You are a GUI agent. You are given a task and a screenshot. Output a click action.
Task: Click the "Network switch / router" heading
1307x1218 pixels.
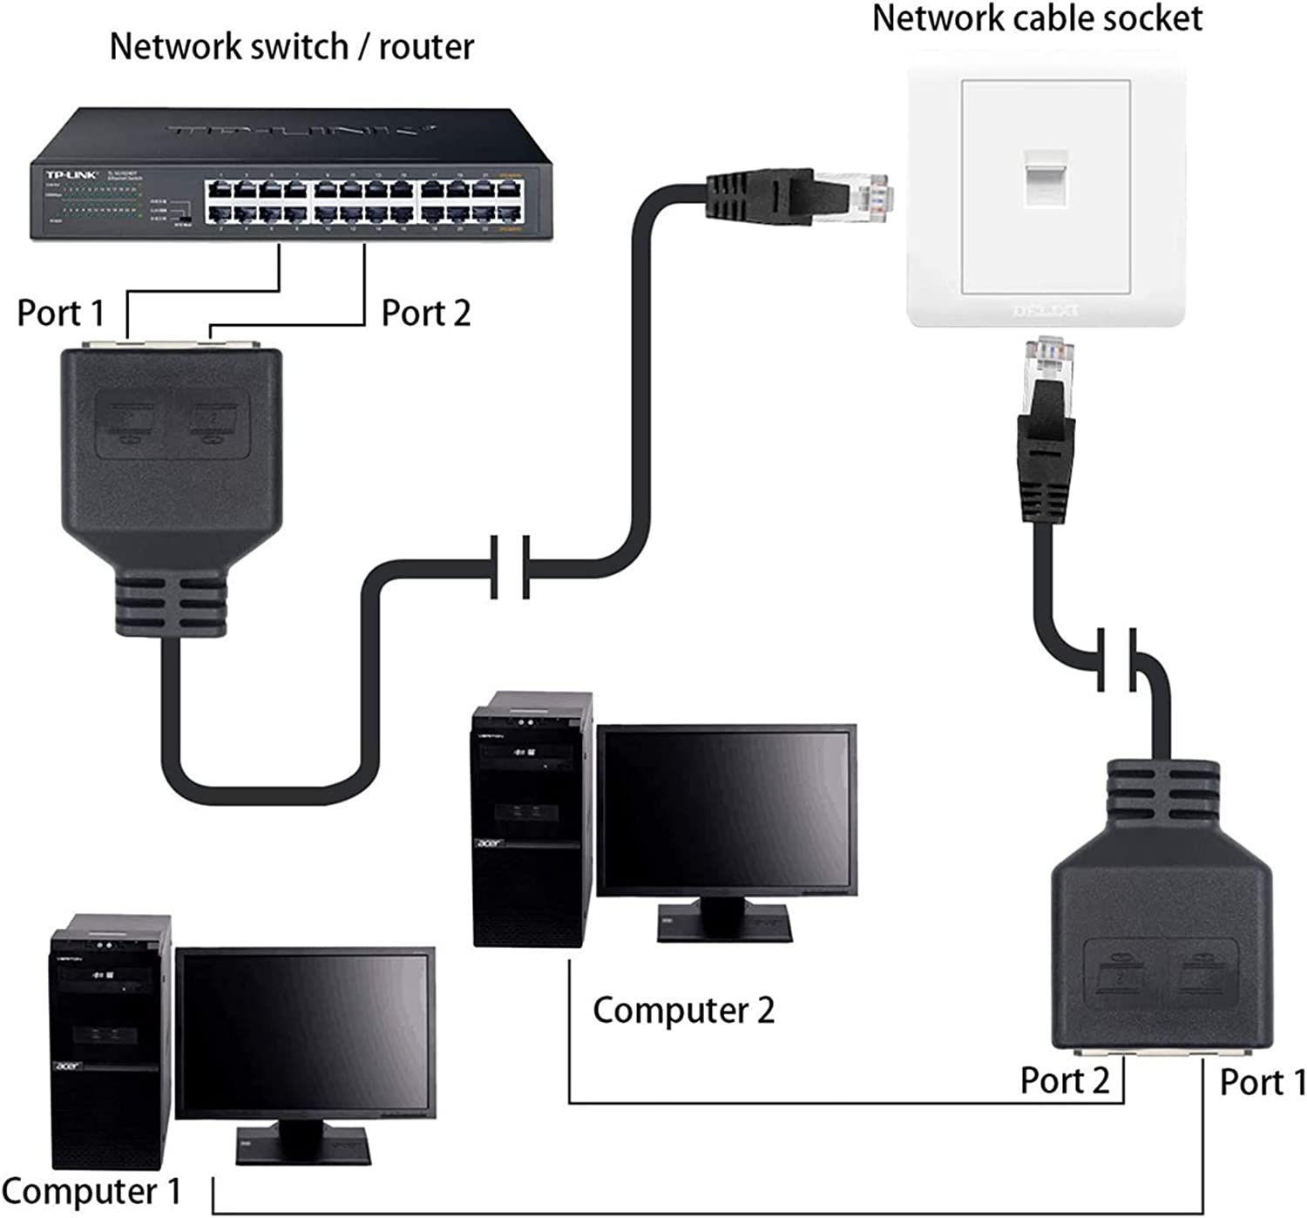point(292,46)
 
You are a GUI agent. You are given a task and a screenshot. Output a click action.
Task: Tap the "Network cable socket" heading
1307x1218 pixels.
point(1037,18)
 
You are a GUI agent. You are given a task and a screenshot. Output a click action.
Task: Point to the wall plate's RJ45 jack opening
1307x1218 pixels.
point(1046,179)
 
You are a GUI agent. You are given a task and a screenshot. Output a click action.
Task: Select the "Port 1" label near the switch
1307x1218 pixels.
point(60,313)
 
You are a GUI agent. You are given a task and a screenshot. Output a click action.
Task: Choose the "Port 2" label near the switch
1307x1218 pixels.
point(426,313)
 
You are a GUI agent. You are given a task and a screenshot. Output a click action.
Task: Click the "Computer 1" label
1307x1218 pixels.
point(91,1191)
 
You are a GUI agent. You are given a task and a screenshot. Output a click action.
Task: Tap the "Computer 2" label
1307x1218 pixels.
point(683,1011)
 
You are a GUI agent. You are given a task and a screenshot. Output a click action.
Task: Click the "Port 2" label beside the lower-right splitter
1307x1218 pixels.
point(1065,1080)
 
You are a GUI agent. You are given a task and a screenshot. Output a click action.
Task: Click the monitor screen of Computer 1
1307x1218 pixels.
point(305,1032)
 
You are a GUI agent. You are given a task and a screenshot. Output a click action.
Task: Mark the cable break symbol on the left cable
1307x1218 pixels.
point(510,567)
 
